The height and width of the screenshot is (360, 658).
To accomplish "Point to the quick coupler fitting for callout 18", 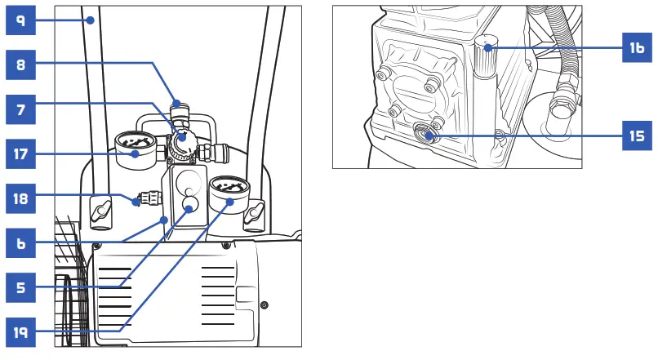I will coord(148,198).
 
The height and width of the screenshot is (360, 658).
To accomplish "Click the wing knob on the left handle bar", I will coord(100,211).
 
